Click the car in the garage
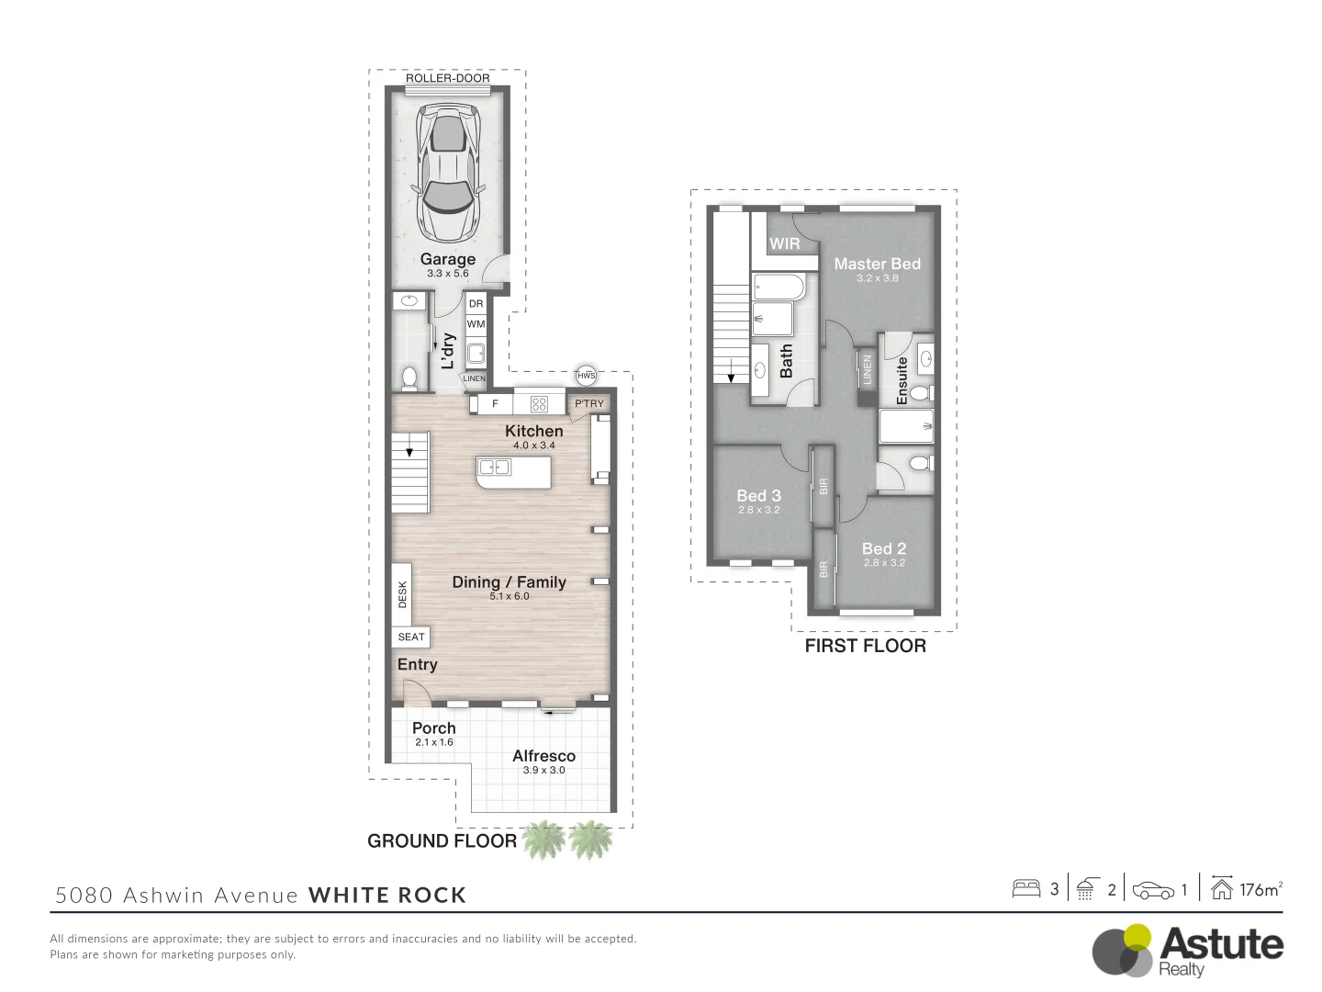coord(448,173)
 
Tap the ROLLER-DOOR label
coord(447,78)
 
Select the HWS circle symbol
coord(586,376)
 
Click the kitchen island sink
coord(494,467)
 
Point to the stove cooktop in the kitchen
coord(539,403)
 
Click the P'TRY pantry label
coord(588,403)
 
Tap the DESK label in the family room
coord(402,594)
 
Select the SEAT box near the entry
coord(410,637)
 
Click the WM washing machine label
coord(476,324)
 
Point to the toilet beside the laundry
coord(409,378)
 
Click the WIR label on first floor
coord(784,244)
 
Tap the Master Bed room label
coord(877,264)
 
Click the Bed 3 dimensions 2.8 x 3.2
coord(759,510)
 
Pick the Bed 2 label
coord(883,548)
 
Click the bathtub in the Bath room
coord(779,287)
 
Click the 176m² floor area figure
coord(1260,890)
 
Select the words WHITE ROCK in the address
coord(387,896)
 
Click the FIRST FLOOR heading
coord(865,647)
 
